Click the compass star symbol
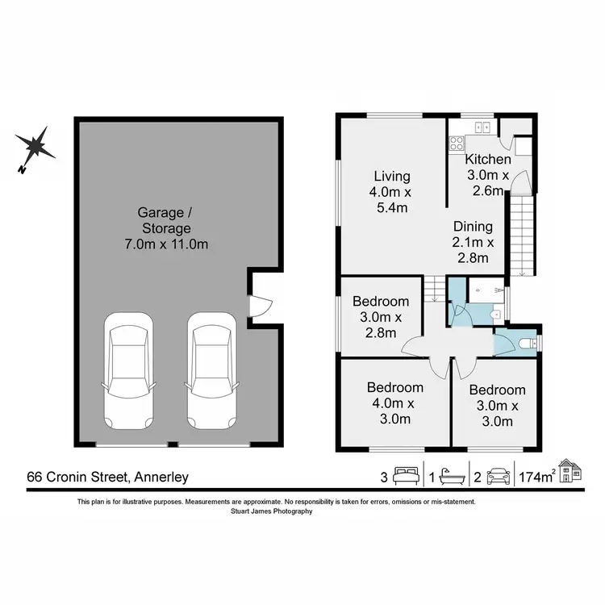pyautogui.click(x=35, y=148)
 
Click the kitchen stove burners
pyautogui.click(x=457, y=144)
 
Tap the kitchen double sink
pyautogui.click(x=483, y=127)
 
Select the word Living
pyautogui.click(x=392, y=176)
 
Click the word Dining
pyautogui.click(x=472, y=227)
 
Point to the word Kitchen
pyautogui.click(x=489, y=159)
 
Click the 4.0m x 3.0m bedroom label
pyautogui.click(x=395, y=403)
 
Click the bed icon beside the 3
pyautogui.click(x=406, y=477)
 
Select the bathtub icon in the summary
pyautogui.click(x=451, y=477)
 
